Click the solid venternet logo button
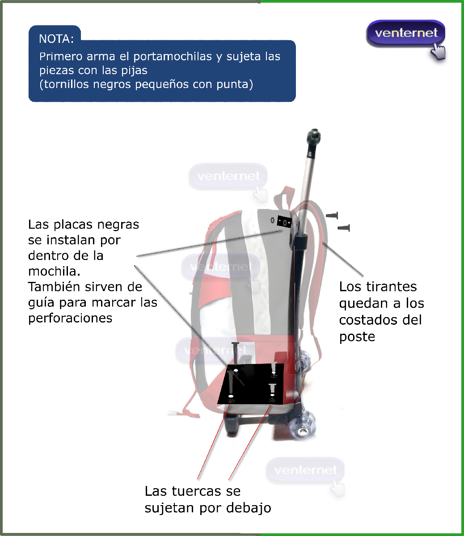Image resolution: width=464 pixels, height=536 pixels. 405,33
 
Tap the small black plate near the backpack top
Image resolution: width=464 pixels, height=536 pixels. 284,221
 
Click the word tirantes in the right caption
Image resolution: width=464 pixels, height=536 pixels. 391,286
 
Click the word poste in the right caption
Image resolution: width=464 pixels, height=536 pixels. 357,337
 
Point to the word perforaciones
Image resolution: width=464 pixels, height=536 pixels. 70,318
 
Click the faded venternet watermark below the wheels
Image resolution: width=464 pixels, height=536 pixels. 305,470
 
